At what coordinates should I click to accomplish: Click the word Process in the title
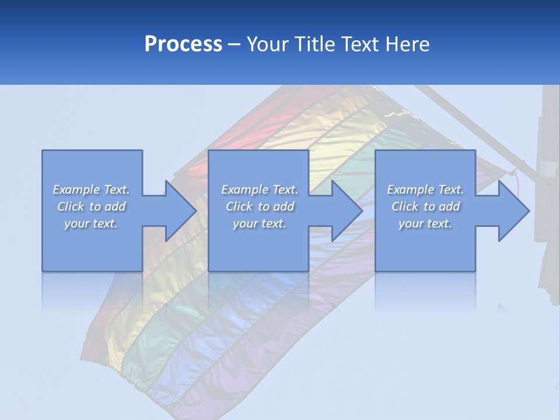(183, 44)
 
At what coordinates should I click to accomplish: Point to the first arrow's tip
(195, 211)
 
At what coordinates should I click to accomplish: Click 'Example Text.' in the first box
(91, 190)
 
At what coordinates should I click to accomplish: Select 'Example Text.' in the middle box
(260, 190)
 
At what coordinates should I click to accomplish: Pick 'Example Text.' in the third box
(425, 190)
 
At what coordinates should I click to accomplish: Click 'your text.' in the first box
(91, 223)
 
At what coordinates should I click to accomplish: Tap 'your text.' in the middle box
(260, 223)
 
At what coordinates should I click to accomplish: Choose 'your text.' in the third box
(425, 223)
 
